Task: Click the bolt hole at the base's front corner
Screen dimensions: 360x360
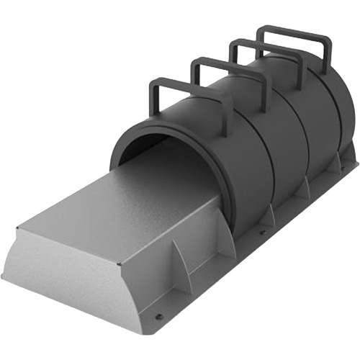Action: [x=159, y=315]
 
